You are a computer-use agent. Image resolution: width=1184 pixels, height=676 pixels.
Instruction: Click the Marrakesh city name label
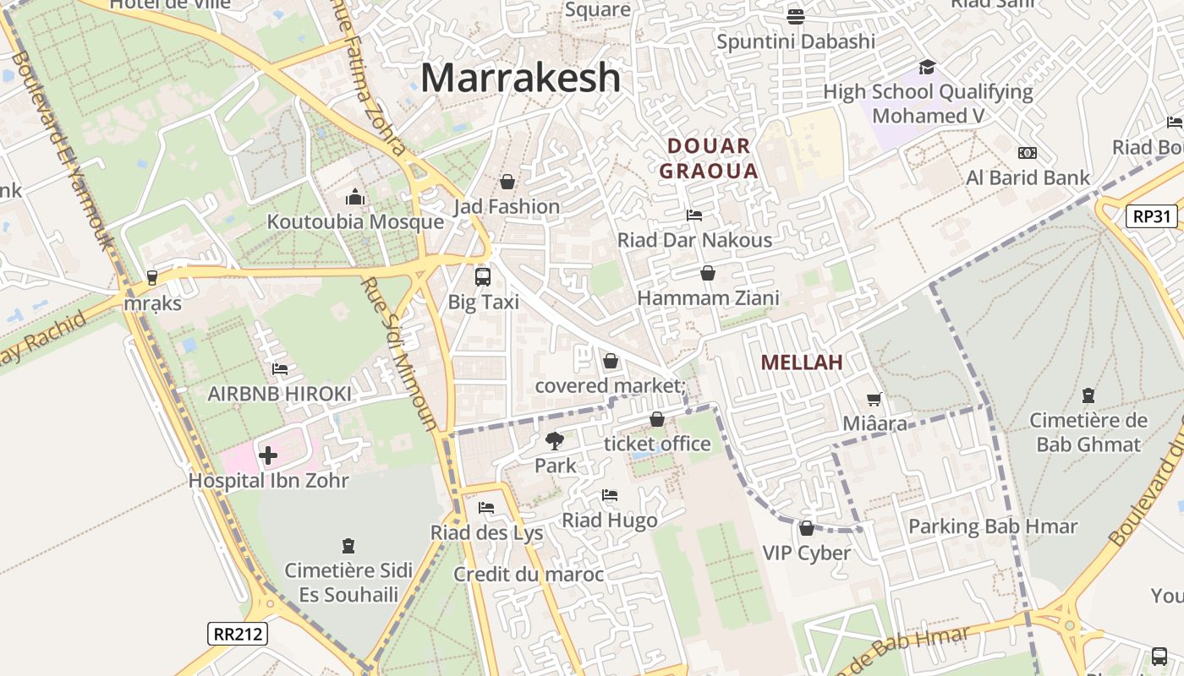click(x=520, y=78)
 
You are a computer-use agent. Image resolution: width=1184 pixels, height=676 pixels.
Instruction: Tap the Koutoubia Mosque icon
click(x=355, y=198)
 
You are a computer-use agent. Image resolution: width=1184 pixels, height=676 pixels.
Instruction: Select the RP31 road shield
click(x=1152, y=216)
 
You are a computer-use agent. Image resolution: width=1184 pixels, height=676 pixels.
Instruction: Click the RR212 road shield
click(x=237, y=634)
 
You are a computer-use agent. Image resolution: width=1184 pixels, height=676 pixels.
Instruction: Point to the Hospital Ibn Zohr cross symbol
click(x=268, y=456)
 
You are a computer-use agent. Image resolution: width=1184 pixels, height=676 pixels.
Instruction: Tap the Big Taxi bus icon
click(x=483, y=276)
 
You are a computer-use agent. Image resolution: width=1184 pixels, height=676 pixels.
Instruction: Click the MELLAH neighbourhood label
click(x=802, y=363)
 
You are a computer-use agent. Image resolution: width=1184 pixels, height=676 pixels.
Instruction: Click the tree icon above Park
click(x=555, y=440)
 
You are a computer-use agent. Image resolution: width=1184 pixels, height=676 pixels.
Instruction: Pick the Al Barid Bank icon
click(x=1028, y=153)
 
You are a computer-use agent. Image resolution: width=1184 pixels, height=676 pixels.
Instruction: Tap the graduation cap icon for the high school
click(x=928, y=67)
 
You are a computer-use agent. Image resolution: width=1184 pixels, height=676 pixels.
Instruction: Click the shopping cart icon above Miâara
click(x=874, y=399)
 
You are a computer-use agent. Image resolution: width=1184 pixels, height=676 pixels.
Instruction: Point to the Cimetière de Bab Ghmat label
click(x=1088, y=433)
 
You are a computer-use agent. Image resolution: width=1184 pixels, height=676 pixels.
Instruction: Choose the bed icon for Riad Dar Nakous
click(x=694, y=215)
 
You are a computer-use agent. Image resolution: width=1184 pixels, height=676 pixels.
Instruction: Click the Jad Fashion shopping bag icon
click(x=507, y=182)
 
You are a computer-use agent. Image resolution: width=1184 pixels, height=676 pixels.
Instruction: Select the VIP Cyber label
click(x=806, y=553)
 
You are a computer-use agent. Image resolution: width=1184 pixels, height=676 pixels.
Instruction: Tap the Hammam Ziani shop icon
click(x=708, y=273)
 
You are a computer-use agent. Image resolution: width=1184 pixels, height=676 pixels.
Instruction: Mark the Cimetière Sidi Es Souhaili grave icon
click(x=348, y=546)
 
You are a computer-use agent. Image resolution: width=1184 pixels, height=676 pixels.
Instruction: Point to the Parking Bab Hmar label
click(x=993, y=526)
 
